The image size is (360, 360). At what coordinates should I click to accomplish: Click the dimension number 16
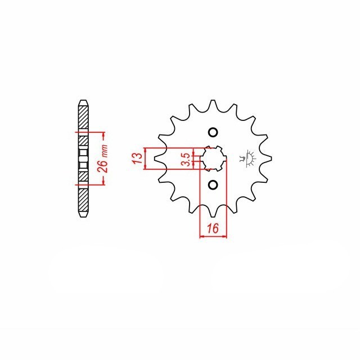pyautogui.click(x=213, y=228)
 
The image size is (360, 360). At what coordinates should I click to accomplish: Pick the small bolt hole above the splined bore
pyautogui.click(x=213, y=133)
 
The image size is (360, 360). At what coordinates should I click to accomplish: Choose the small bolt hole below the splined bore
pyautogui.click(x=213, y=185)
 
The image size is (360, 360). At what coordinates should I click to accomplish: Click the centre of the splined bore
pyautogui.click(x=213, y=159)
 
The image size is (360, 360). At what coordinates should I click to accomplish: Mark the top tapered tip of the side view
pyautogui.click(x=83, y=103)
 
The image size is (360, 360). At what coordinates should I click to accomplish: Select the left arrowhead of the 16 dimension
pyautogui.click(x=202, y=237)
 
